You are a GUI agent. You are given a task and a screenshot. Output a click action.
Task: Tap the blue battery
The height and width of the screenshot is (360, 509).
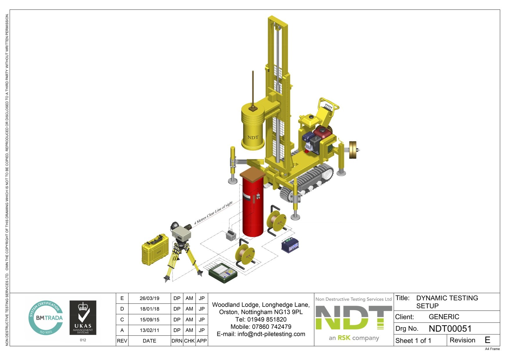pos(290,245)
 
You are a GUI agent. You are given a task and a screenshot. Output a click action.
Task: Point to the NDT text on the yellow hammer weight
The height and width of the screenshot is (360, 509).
pos(253,137)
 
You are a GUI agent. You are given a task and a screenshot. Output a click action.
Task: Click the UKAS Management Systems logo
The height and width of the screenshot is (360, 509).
pos(83,318)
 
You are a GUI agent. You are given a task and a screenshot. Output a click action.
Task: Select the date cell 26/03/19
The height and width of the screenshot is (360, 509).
pos(149,298)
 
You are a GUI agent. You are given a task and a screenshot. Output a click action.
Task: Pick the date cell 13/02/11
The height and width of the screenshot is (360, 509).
pos(149,330)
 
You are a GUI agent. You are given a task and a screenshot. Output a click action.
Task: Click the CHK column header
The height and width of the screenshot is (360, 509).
pos(189,341)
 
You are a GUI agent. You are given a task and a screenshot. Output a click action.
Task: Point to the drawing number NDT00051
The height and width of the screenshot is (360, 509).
pos(450,329)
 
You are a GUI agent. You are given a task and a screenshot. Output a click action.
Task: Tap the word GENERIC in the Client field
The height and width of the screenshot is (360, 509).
pos(444,317)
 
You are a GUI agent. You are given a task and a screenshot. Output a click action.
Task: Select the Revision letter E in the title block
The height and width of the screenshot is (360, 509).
pos(488,340)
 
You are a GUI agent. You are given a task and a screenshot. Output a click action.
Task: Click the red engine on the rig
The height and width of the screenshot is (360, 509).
pos(323,132)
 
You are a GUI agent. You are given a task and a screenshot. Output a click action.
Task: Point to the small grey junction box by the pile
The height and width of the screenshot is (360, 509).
pos(231,235)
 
